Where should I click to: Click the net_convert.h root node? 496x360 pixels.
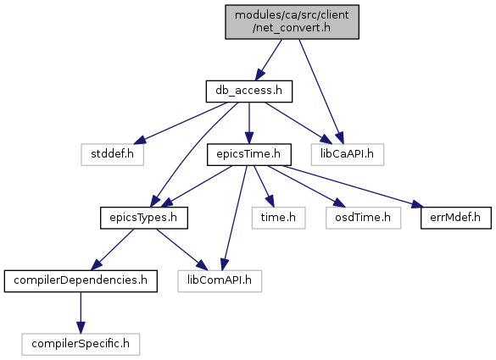click(x=292, y=22)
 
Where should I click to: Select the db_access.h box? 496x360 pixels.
click(x=249, y=91)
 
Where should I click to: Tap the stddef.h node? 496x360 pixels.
click(x=112, y=154)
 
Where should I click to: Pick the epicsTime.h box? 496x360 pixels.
click(x=249, y=154)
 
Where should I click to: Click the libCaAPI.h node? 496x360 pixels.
click(x=348, y=154)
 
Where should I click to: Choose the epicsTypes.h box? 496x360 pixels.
click(x=144, y=218)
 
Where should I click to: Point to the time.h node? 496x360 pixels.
click(x=278, y=218)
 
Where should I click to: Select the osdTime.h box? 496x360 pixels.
click(x=363, y=218)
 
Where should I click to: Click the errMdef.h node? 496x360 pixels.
click(x=456, y=218)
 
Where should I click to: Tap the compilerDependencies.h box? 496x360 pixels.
click(x=81, y=281)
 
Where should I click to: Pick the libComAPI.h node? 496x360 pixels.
click(x=220, y=281)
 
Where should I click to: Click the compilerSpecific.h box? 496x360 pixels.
click(x=81, y=344)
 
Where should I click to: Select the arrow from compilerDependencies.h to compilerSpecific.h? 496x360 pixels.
click(x=81, y=313)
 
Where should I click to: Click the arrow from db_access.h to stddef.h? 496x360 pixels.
click(x=181, y=123)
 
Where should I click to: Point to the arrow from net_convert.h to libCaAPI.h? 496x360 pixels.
click(x=320, y=91)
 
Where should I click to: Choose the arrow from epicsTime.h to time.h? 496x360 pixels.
click(x=264, y=186)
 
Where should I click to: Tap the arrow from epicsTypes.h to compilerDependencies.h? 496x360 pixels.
click(x=112, y=249)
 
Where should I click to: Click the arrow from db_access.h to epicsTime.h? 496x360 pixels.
click(x=249, y=123)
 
